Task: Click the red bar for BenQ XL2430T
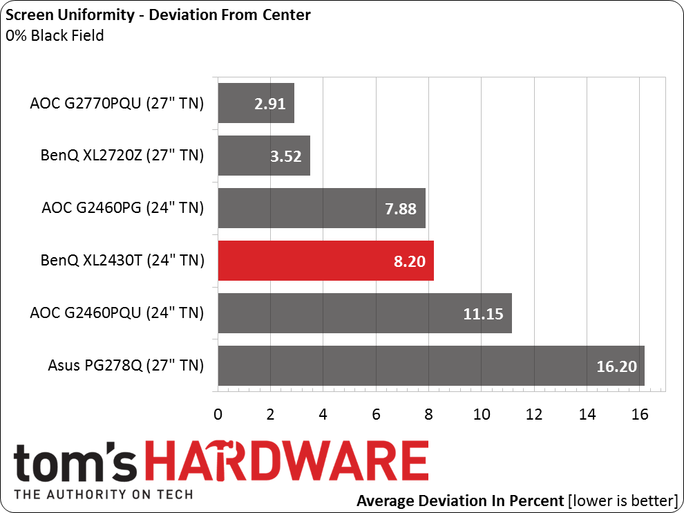click(325, 261)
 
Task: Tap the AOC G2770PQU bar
click(256, 103)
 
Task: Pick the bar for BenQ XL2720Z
click(263, 156)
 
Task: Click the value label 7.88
click(400, 208)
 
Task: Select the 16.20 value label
click(616, 366)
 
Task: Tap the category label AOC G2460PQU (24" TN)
click(117, 313)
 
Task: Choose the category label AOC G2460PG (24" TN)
click(122, 207)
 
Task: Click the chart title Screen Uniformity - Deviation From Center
click(158, 15)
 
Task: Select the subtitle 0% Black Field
click(55, 35)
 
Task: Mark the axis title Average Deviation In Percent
click(458, 500)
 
